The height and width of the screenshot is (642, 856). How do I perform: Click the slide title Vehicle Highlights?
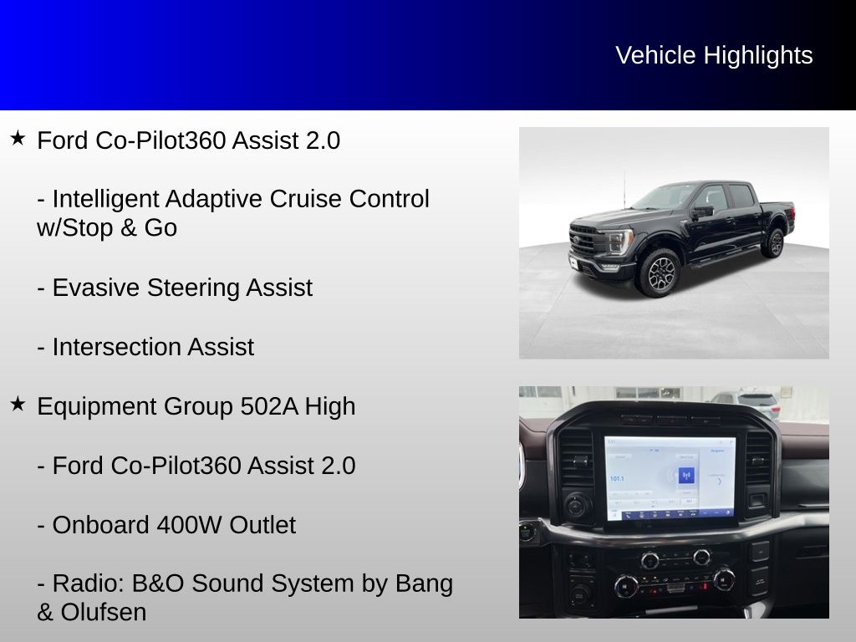click(714, 56)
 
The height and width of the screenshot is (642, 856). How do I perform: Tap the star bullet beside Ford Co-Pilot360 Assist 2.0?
click(18, 138)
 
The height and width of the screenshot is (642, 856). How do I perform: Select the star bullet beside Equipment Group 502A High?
click(18, 404)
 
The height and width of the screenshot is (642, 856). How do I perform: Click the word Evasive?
click(95, 288)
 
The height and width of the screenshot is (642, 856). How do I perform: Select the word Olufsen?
click(103, 613)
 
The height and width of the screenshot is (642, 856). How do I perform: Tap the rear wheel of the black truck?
click(774, 243)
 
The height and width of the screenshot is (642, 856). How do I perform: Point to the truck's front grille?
click(584, 240)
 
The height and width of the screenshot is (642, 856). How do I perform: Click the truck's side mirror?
click(702, 211)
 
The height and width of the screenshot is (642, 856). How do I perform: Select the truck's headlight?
click(620, 240)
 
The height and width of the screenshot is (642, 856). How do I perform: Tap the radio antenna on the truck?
click(624, 187)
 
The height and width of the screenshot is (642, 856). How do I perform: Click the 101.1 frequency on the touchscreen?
click(617, 479)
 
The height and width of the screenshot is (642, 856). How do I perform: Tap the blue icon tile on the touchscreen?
click(686, 476)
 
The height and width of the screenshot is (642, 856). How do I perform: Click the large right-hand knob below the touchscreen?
click(723, 579)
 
